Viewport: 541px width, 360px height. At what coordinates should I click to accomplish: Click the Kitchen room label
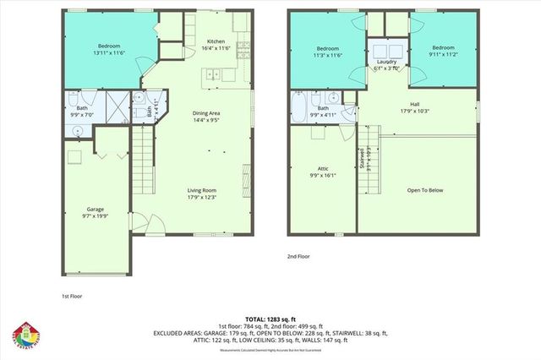pos(216,41)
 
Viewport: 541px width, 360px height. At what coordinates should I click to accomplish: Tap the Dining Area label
pos(207,112)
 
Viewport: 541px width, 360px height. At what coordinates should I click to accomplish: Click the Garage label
pos(94,208)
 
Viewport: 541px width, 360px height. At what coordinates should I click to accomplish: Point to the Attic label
pos(323,170)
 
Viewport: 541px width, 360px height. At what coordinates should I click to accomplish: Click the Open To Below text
pos(424,190)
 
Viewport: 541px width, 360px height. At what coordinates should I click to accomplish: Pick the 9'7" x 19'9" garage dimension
pos(94,215)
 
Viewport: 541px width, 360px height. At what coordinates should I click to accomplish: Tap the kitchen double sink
pos(211,75)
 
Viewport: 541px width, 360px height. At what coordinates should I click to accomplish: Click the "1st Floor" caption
pos(72,297)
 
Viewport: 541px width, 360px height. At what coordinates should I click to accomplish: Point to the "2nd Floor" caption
pos(298,255)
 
